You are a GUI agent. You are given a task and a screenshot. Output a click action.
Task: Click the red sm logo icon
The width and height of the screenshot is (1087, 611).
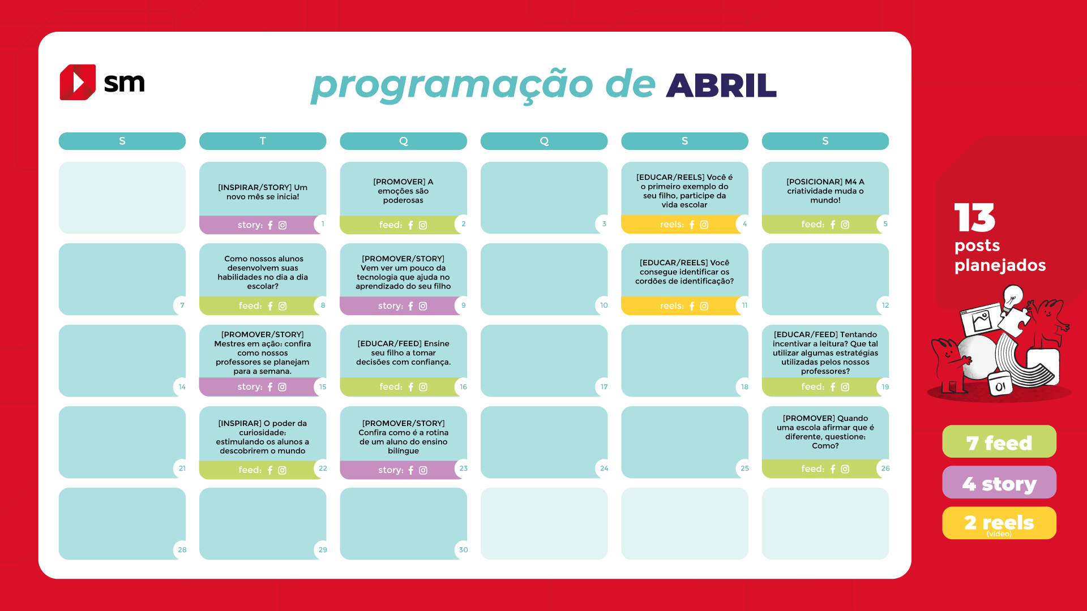tap(78, 82)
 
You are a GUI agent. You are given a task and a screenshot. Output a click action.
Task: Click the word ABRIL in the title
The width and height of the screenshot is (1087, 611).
tap(721, 86)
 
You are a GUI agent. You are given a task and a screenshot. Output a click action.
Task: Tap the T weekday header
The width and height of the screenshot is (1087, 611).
tap(263, 141)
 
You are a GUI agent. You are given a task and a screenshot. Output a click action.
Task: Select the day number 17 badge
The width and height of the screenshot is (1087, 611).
tap(604, 387)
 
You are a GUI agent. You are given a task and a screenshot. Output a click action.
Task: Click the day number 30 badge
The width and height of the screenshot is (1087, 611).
tap(463, 550)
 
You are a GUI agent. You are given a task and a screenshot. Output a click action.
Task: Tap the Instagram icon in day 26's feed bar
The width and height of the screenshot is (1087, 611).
tap(845, 469)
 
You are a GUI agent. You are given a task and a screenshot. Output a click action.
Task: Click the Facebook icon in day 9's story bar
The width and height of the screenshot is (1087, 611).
tap(410, 306)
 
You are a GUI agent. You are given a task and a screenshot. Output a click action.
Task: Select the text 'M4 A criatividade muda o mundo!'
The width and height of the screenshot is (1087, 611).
tap(825, 191)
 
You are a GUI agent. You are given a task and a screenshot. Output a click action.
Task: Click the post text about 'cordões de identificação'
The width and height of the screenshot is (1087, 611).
tap(684, 272)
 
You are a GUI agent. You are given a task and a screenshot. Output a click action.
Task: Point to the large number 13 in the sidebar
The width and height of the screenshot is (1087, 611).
tap(974, 218)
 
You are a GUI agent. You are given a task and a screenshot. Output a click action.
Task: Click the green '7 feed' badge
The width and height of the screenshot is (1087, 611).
tap(999, 442)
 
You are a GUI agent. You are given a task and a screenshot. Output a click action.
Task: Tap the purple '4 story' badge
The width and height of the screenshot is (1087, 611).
tap(999, 483)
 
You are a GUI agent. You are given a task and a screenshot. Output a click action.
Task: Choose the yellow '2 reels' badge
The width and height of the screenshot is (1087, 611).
tap(999, 523)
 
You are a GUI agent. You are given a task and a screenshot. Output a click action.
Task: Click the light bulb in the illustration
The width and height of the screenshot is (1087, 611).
tap(1013, 296)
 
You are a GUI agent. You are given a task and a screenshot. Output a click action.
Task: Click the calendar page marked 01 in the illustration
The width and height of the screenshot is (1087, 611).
tap(1000, 385)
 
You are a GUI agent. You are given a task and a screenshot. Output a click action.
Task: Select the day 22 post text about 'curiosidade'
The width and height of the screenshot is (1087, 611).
tap(263, 437)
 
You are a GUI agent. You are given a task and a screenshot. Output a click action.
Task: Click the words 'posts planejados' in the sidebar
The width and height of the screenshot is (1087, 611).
tap(1000, 256)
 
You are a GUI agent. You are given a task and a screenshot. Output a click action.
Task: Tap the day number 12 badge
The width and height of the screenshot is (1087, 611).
tap(885, 305)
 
